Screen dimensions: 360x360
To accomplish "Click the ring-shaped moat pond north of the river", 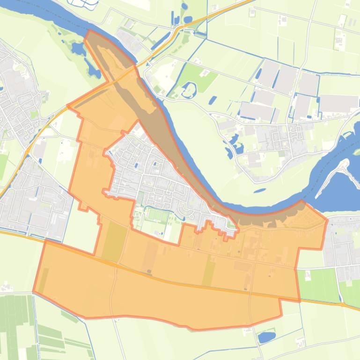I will pyautogui.click(x=189, y=90).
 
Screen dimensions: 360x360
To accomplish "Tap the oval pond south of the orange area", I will pyautogui.click(x=266, y=337).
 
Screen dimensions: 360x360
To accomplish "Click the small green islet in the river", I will pyautogui.click(x=356, y=151).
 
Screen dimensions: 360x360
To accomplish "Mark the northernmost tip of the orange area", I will pyautogui.click(x=88, y=31).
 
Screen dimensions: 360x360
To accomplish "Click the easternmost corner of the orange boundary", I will pyautogui.click(x=327, y=219).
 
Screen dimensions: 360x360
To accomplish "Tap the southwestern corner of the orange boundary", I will pyautogui.click(x=34, y=291).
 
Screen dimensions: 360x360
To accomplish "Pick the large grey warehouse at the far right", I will pyautogui.click(x=338, y=103).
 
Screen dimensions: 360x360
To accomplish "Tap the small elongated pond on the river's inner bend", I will pyautogui.click(x=260, y=191).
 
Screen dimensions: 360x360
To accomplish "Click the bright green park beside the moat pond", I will pyautogui.click(x=200, y=75).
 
